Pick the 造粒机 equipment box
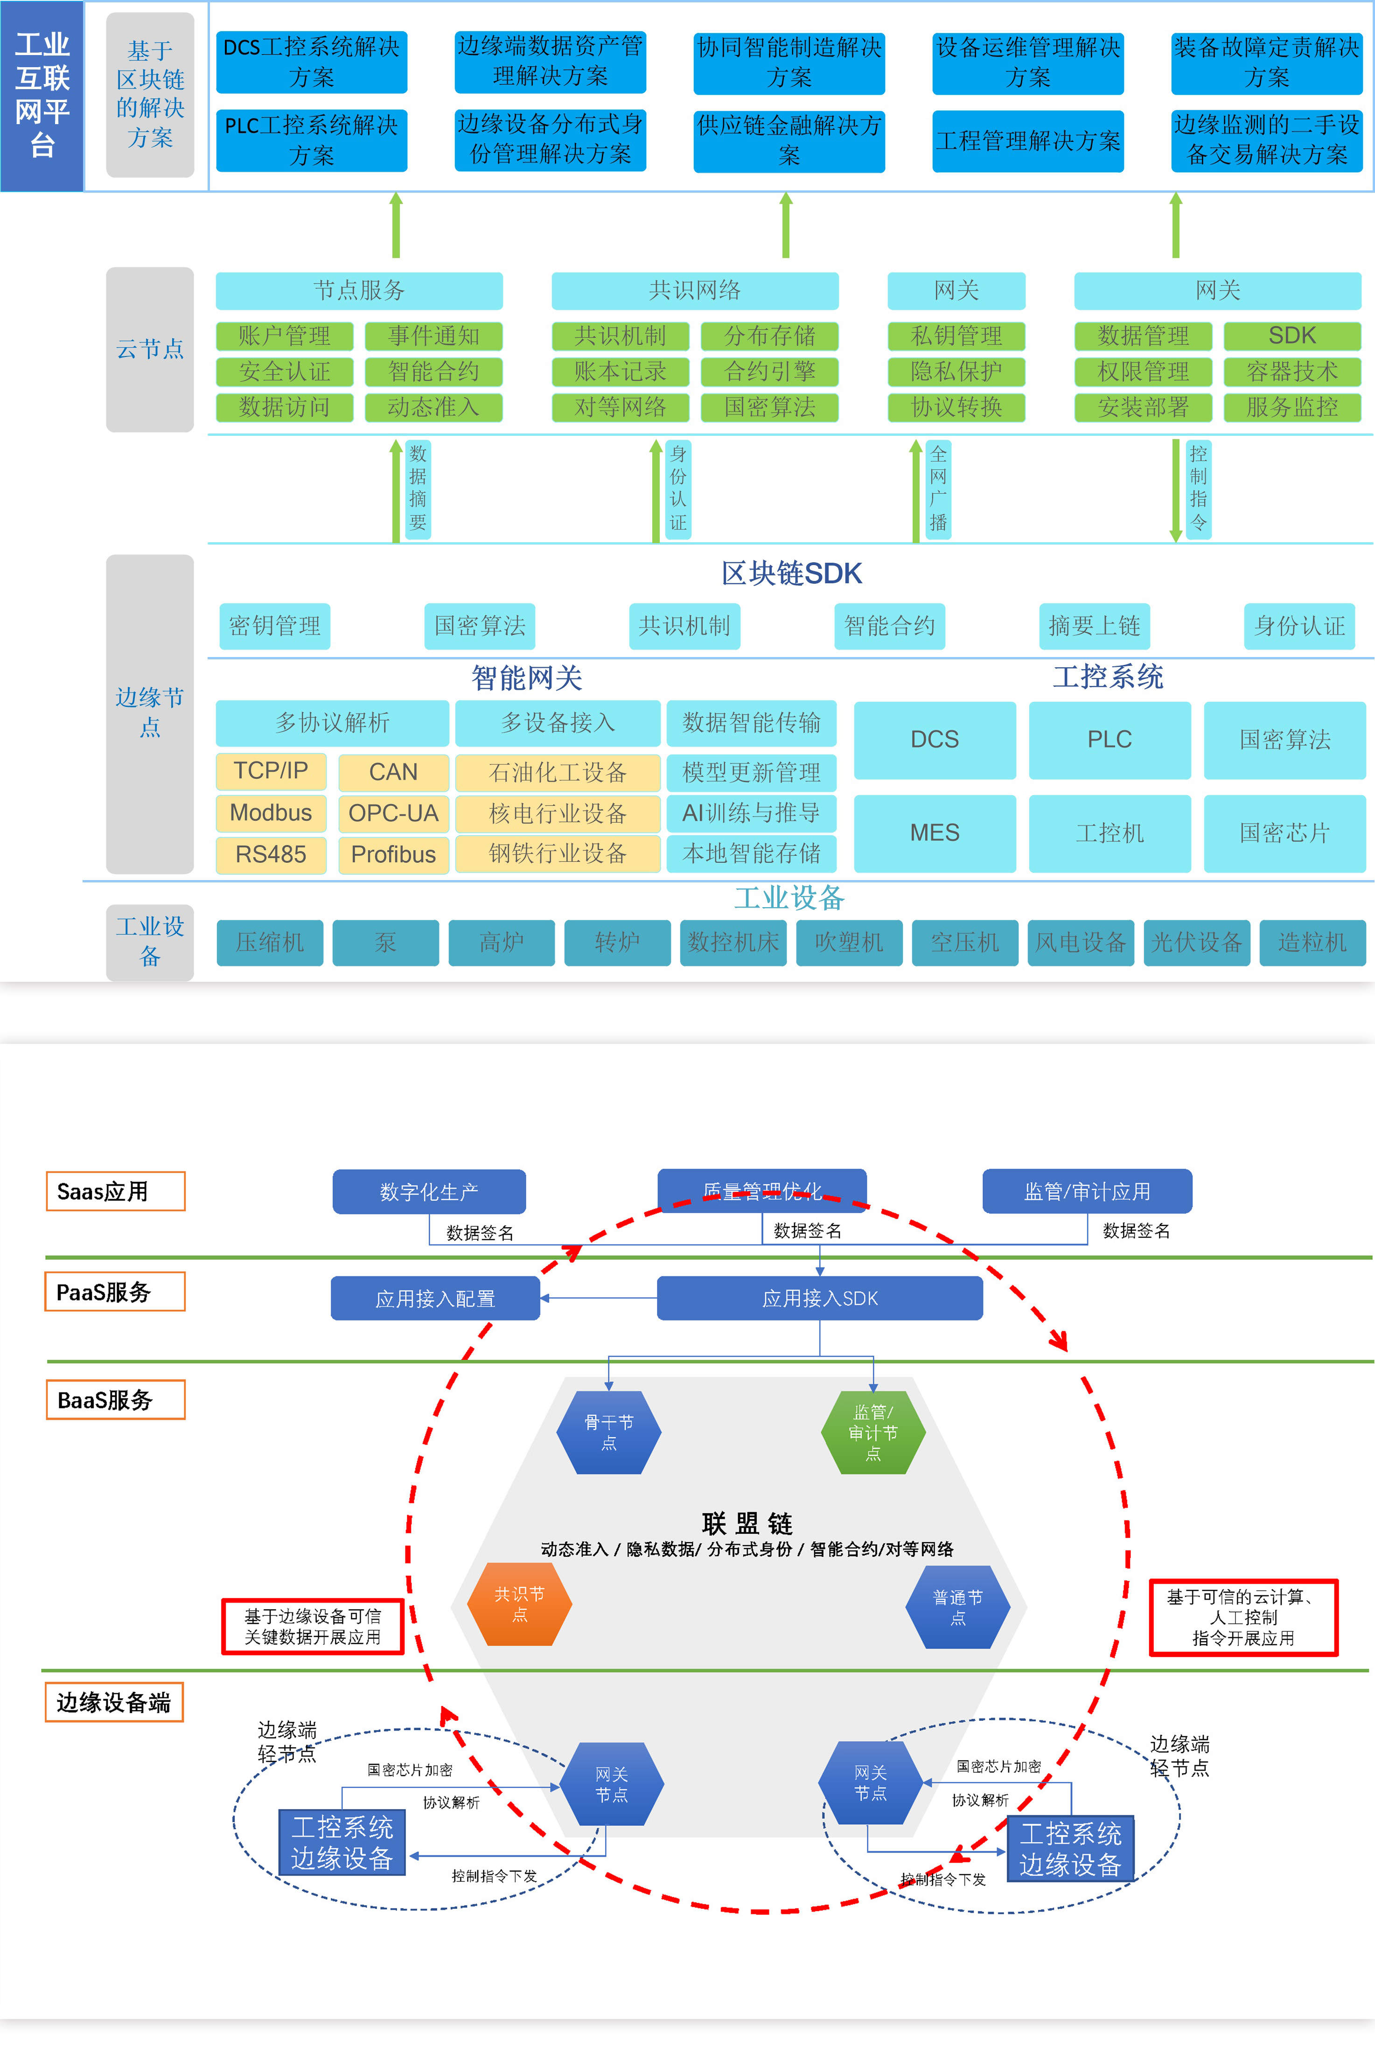(x=1312, y=942)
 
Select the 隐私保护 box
(x=956, y=371)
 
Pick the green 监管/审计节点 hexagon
(x=872, y=1432)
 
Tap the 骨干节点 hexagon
(x=608, y=1432)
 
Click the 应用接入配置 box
(x=435, y=1298)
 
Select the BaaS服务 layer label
(x=115, y=1400)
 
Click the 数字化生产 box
(x=429, y=1191)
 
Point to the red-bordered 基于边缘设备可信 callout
(x=312, y=1626)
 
